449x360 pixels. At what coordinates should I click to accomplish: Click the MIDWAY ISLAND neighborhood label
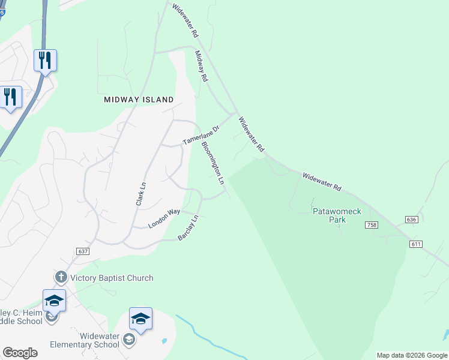point(139,100)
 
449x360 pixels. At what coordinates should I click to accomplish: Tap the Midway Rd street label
point(201,66)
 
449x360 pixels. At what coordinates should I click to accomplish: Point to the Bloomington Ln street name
point(212,163)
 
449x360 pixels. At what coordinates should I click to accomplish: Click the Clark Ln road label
point(141,195)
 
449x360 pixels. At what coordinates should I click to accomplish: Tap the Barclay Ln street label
point(188,229)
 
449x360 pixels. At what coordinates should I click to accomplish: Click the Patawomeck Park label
point(330,215)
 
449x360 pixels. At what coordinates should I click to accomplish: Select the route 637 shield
point(83,251)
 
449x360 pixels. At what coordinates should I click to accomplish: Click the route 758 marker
point(370,224)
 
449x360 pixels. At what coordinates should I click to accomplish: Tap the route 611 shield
point(417,244)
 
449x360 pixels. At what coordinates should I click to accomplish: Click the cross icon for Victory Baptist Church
point(61,277)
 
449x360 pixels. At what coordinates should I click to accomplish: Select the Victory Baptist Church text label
point(112,278)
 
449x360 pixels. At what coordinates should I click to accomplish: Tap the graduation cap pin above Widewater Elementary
point(140,318)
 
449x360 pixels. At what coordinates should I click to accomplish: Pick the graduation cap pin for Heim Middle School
point(54,300)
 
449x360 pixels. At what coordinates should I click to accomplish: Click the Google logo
point(20,353)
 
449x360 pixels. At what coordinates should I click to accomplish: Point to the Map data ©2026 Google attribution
point(412,355)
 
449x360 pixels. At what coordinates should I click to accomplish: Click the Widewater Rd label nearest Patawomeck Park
point(322,182)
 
